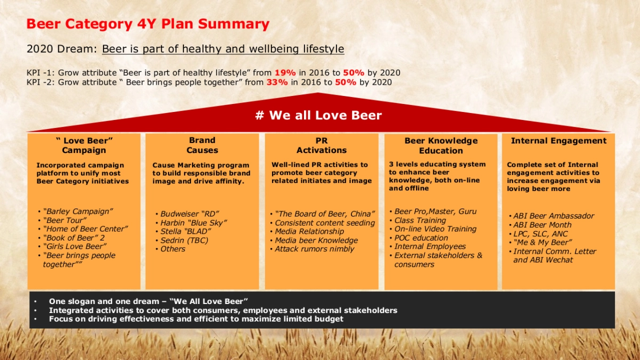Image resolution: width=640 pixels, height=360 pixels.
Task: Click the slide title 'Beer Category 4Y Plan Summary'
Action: pos(148,24)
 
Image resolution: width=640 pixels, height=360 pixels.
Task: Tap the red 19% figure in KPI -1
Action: pos(285,73)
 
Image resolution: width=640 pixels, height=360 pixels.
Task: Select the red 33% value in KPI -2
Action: pos(277,82)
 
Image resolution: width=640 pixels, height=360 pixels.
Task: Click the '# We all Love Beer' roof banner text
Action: pos(318,115)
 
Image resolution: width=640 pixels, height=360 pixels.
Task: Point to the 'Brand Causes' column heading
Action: pos(202,145)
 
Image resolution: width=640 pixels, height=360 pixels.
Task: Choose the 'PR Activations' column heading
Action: pos(322,145)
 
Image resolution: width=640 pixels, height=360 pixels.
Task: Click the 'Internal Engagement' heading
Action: pos(558,141)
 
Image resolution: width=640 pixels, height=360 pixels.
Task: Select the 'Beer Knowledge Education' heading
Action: pos(441,146)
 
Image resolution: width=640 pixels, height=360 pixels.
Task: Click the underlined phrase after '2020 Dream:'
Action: pos(223,49)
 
